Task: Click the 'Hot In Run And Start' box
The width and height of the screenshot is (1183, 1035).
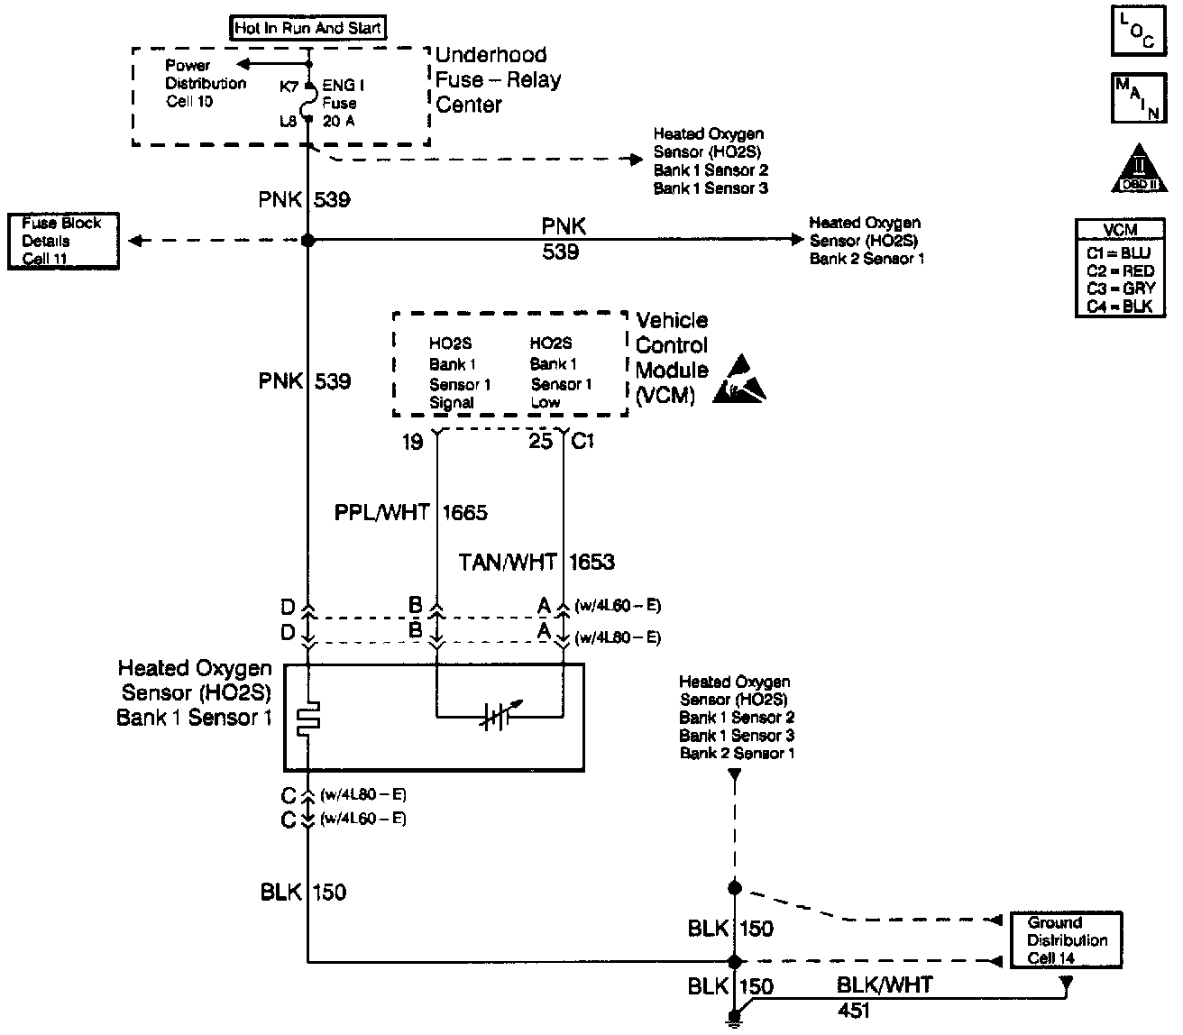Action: (307, 28)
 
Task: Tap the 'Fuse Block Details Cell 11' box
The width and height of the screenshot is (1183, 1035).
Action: (63, 241)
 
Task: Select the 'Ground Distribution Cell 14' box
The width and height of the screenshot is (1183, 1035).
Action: (1066, 939)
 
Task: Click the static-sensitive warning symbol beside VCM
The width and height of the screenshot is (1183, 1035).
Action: (740, 381)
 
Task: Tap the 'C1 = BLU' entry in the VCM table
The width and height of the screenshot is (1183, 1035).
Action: (1119, 253)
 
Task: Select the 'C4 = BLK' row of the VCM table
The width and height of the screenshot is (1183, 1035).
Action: (1119, 307)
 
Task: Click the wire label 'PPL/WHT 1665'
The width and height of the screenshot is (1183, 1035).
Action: (410, 514)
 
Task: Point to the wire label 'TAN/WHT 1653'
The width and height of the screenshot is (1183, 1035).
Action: (536, 563)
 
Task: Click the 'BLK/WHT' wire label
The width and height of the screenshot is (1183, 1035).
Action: (884, 985)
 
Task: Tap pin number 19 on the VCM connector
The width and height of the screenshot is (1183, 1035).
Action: (412, 443)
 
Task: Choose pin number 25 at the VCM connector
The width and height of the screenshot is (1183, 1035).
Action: (540, 443)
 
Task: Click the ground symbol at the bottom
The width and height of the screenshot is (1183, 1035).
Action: (734, 1021)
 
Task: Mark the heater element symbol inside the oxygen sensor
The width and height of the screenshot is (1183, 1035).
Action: (309, 716)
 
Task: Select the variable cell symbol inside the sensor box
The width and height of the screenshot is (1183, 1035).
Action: (493, 718)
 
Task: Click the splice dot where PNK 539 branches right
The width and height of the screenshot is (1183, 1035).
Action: (307, 241)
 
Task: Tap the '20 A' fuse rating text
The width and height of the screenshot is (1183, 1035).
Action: (338, 120)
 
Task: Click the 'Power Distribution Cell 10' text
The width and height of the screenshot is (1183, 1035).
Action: (206, 83)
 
